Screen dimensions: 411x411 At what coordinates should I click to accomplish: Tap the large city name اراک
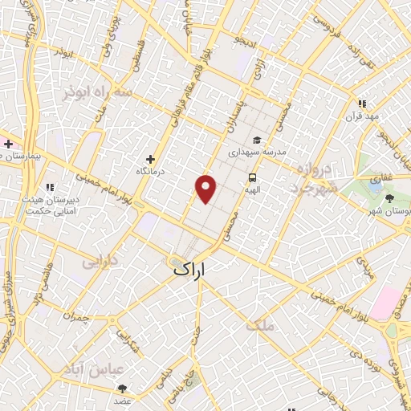(201, 272)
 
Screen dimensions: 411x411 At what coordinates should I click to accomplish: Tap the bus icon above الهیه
(253, 178)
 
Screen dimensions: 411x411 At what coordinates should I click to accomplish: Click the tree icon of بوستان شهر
(390, 197)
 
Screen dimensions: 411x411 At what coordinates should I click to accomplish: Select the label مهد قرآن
(363, 116)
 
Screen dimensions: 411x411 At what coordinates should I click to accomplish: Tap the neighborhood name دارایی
(100, 262)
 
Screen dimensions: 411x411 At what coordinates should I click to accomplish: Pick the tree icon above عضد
(122, 389)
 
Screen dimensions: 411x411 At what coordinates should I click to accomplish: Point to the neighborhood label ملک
(262, 326)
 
